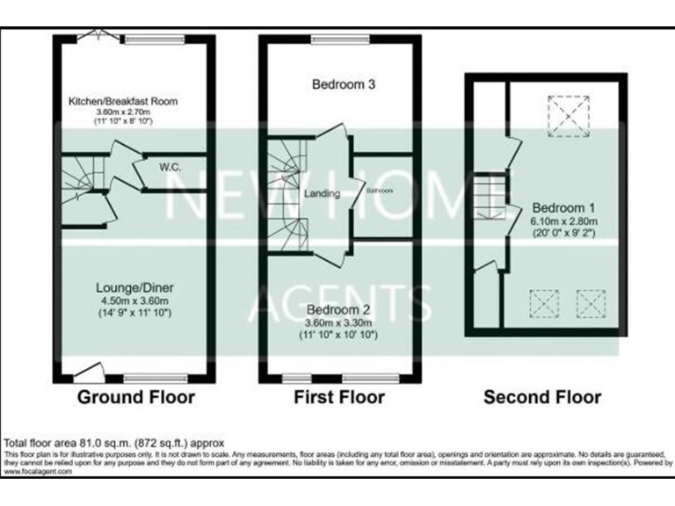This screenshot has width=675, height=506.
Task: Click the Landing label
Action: coord(322,193)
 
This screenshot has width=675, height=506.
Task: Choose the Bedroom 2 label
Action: coord(337,309)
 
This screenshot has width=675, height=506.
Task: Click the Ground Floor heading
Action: coord(136,397)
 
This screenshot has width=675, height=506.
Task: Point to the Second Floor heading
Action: coord(542,397)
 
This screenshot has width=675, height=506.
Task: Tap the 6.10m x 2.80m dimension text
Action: coord(564,221)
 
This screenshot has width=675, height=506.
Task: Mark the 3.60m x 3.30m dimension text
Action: coord(337,322)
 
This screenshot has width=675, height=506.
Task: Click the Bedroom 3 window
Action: coord(339,39)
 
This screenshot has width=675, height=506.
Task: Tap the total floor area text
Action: coord(115,442)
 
